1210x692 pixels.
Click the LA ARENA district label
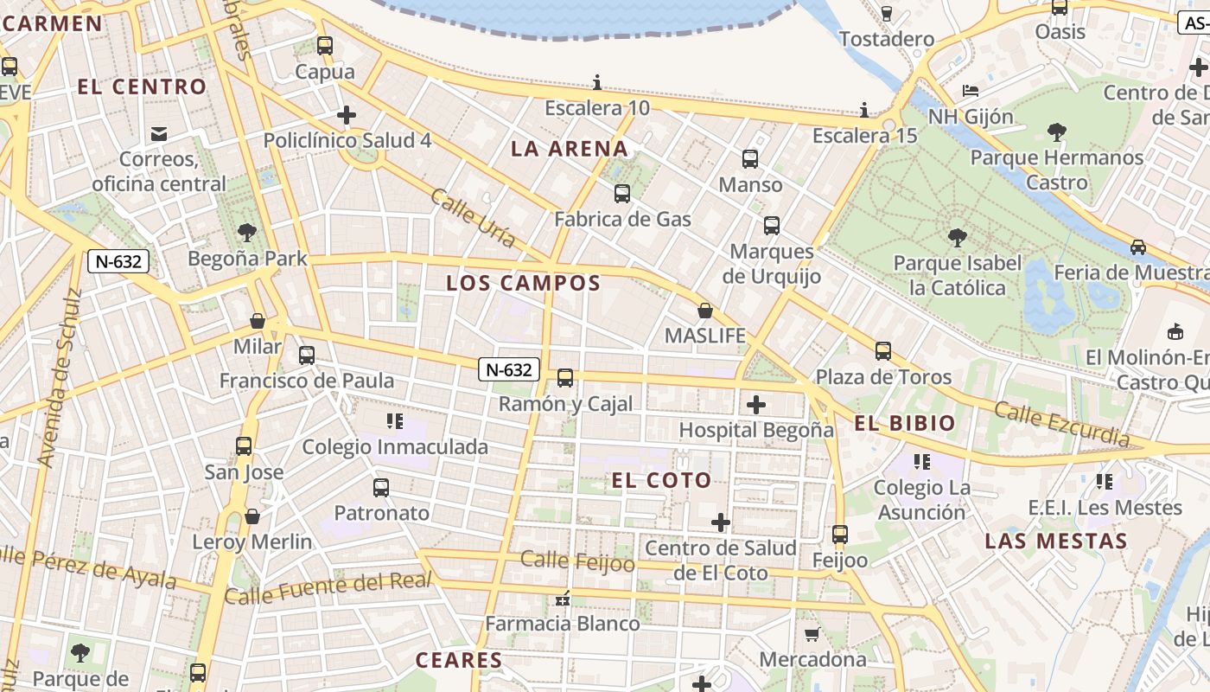pos(570,149)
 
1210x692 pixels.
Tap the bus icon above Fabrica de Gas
pos(622,194)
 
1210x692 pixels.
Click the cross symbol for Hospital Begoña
pos(756,404)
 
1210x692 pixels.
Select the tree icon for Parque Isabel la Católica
pos(957,237)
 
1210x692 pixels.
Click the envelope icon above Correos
pos(159,133)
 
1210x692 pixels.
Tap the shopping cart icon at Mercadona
pos(812,635)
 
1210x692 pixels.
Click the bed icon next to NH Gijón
pos(971,91)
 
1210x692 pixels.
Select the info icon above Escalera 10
pos(597,83)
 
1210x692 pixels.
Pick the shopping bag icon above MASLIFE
pos(705,311)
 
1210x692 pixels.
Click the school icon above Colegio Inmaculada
pos(395,421)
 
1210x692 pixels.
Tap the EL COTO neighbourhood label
pos(662,481)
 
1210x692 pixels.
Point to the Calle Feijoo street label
pos(578,562)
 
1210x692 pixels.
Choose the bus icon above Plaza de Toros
pos(883,351)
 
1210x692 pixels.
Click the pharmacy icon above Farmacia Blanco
pos(563,598)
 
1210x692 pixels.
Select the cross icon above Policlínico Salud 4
pos(347,115)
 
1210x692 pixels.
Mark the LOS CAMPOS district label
pos(523,283)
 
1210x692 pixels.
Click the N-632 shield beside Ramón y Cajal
pos(509,370)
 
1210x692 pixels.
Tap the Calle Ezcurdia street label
pos(1061,425)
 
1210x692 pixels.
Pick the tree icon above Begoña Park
pos(247,233)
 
